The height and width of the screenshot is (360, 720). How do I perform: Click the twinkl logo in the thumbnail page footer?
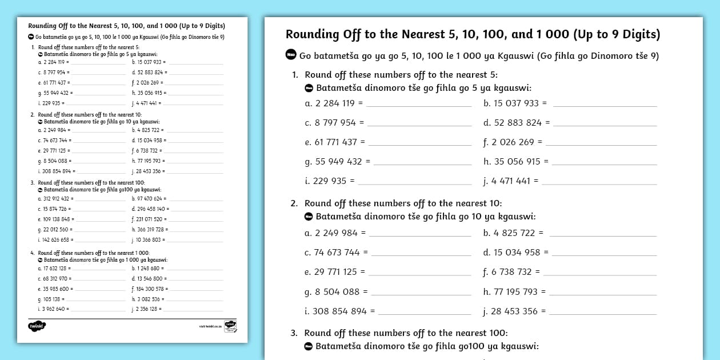coord(36,326)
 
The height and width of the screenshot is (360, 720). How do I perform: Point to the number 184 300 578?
coord(150,289)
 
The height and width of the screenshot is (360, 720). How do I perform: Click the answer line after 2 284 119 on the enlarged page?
coord(418,105)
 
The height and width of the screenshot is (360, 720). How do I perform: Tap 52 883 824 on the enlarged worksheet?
coord(517,123)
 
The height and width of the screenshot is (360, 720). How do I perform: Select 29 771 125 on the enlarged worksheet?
coord(335,273)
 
